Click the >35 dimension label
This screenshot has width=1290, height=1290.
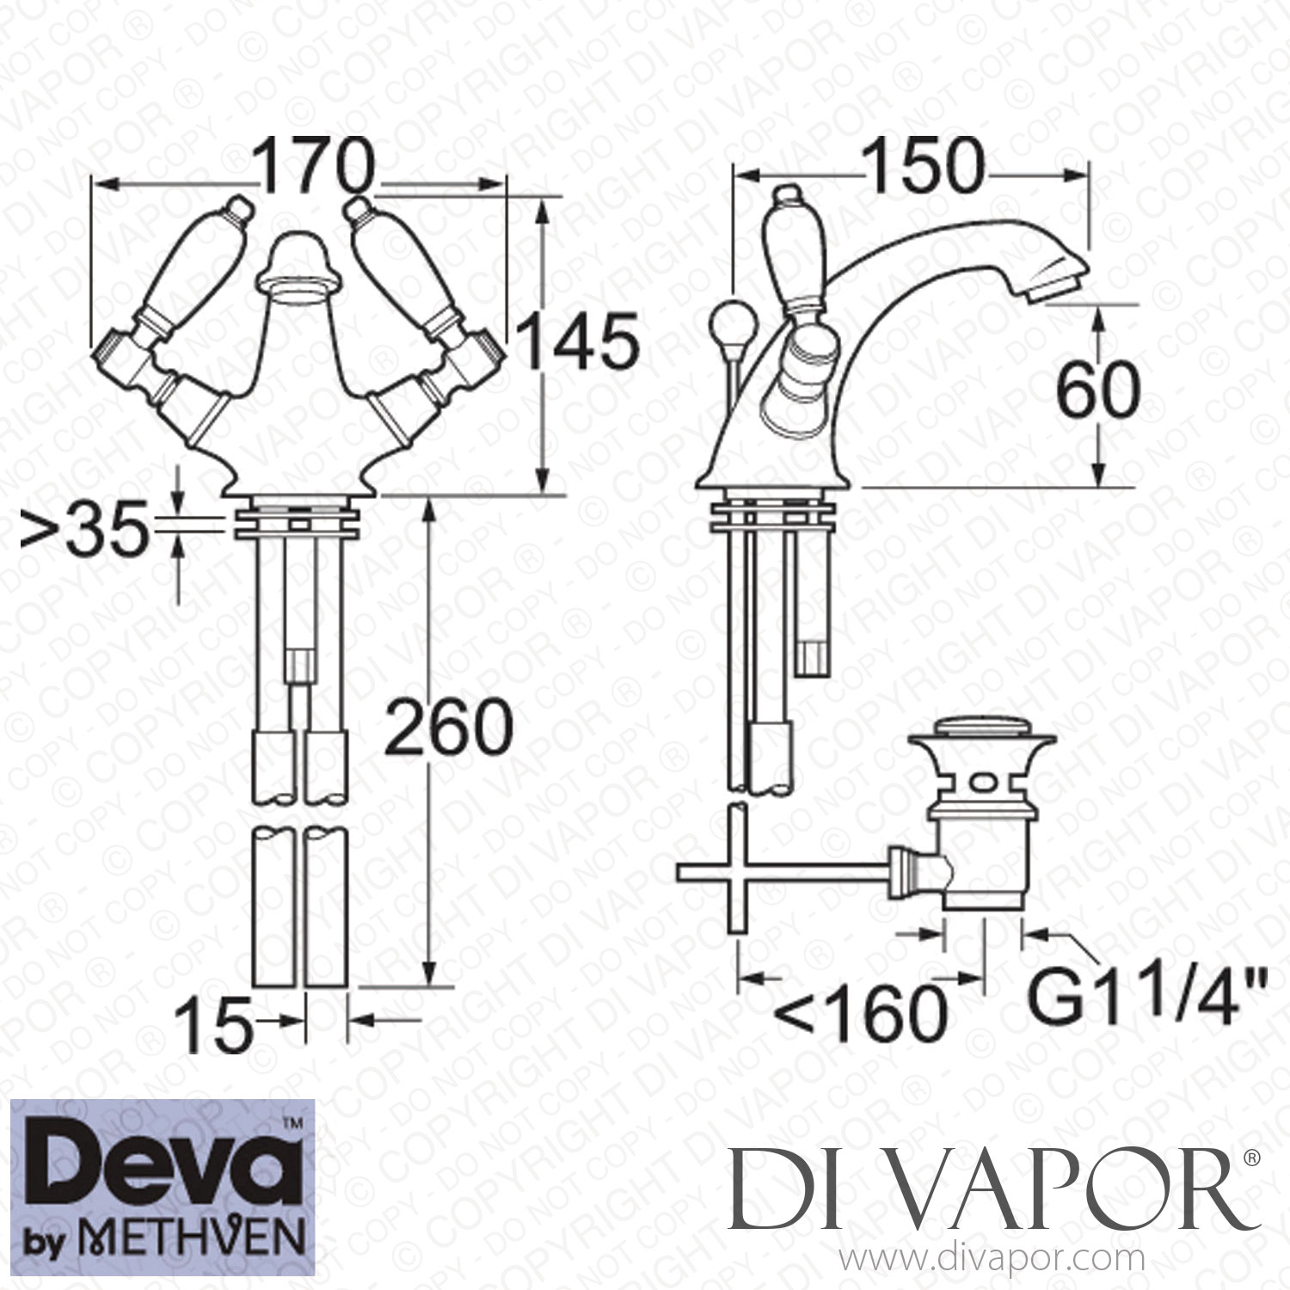pyautogui.click(x=83, y=532)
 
